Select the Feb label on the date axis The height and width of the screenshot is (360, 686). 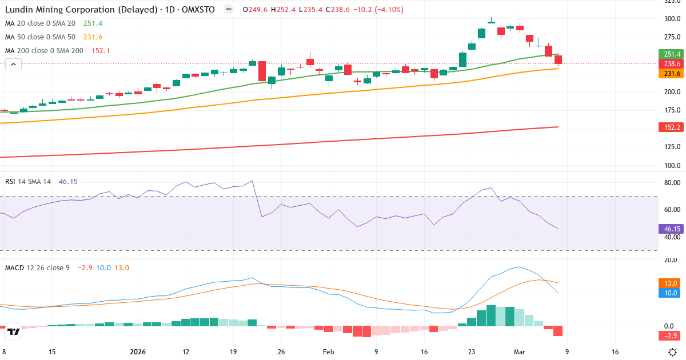pos(328,352)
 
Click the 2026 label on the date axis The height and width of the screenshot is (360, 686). pos(138,352)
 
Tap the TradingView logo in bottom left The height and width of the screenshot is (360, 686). pos(14,331)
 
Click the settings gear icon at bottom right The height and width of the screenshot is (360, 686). pos(673,352)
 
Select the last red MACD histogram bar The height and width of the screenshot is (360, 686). pos(558,331)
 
